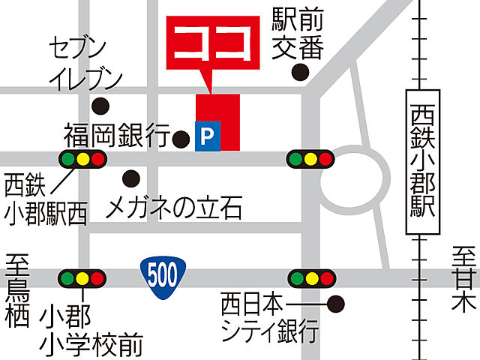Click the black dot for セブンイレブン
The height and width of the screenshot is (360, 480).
(100, 105)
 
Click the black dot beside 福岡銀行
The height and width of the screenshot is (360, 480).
(181, 138)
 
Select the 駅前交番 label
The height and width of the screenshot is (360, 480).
(297, 34)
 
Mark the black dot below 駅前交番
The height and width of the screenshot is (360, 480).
(301, 72)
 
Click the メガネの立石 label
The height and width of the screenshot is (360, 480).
(174, 207)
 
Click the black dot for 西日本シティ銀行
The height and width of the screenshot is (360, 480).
(336, 304)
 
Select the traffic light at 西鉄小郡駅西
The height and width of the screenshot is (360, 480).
(82, 158)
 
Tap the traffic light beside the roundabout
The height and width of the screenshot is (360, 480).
(309, 158)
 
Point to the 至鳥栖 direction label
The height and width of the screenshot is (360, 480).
(16, 293)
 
